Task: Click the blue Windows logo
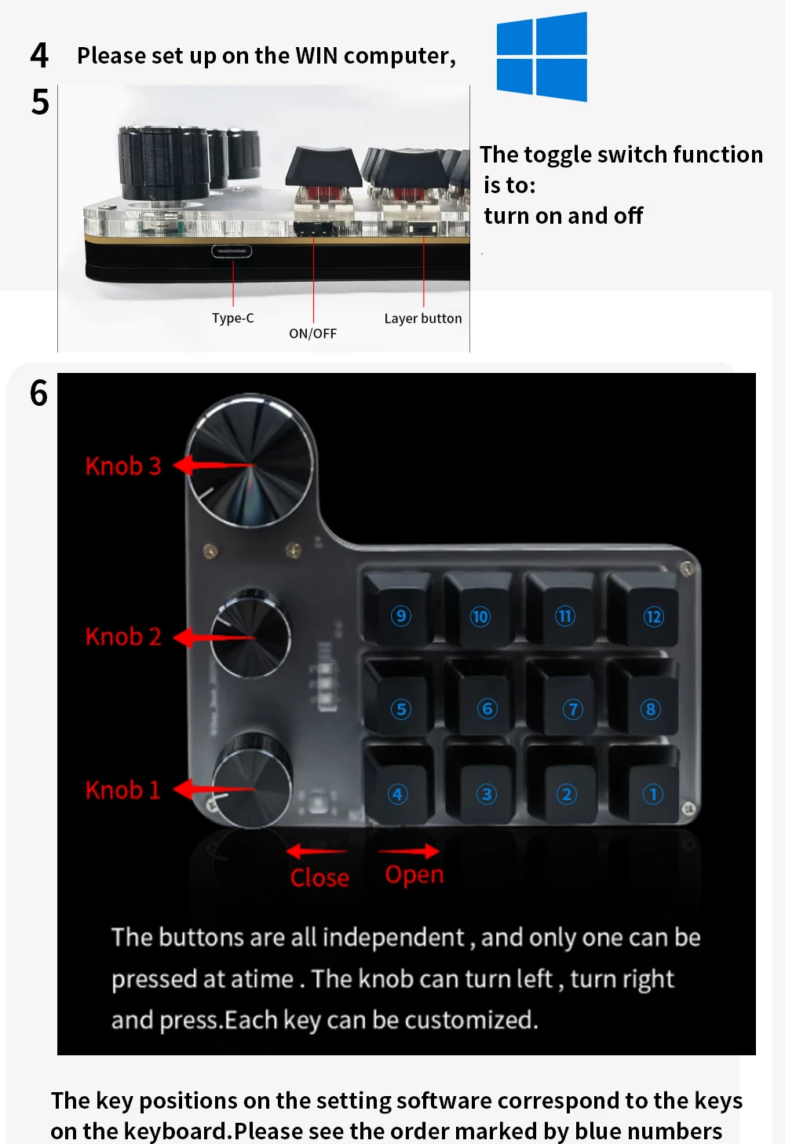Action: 542,57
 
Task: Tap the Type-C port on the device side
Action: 232,251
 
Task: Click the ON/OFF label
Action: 313,334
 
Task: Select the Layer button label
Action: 423,319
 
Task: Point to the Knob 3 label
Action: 123,466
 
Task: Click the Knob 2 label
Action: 123,636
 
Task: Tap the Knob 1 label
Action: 123,790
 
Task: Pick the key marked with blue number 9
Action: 397,607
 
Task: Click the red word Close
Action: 319,878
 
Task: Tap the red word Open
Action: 414,875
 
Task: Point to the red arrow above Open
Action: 408,851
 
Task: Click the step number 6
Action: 38,393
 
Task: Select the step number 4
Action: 39,55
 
